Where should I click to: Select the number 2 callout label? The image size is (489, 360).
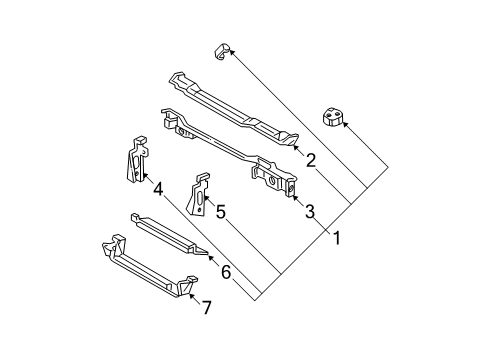tap(311, 160)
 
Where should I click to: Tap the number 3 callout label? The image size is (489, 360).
tap(309, 210)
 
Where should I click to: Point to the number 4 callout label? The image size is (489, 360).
tap(157, 186)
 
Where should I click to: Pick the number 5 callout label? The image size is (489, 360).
tap(221, 211)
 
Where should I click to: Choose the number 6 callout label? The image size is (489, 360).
tap(226, 270)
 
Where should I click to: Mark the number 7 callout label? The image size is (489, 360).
tap(206, 308)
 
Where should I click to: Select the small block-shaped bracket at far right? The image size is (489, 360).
tap(332, 119)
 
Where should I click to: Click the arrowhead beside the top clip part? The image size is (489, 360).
tap(232, 57)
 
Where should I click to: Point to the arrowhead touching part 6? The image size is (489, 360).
tap(210, 257)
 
